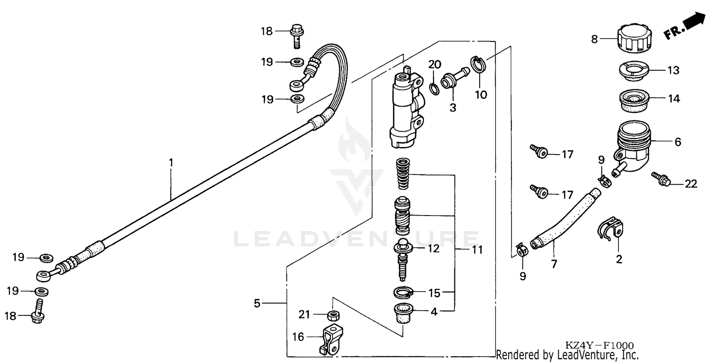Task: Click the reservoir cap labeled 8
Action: pos(632,39)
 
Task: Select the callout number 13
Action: pos(673,71)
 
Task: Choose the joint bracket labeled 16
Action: pos(331,340)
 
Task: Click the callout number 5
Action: pos(257,303)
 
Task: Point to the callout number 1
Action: pos(171,162)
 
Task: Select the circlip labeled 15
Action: pos(403,292)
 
